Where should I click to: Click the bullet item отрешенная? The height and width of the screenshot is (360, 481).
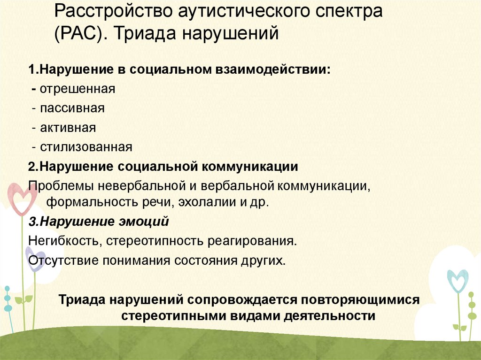[78, 89]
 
